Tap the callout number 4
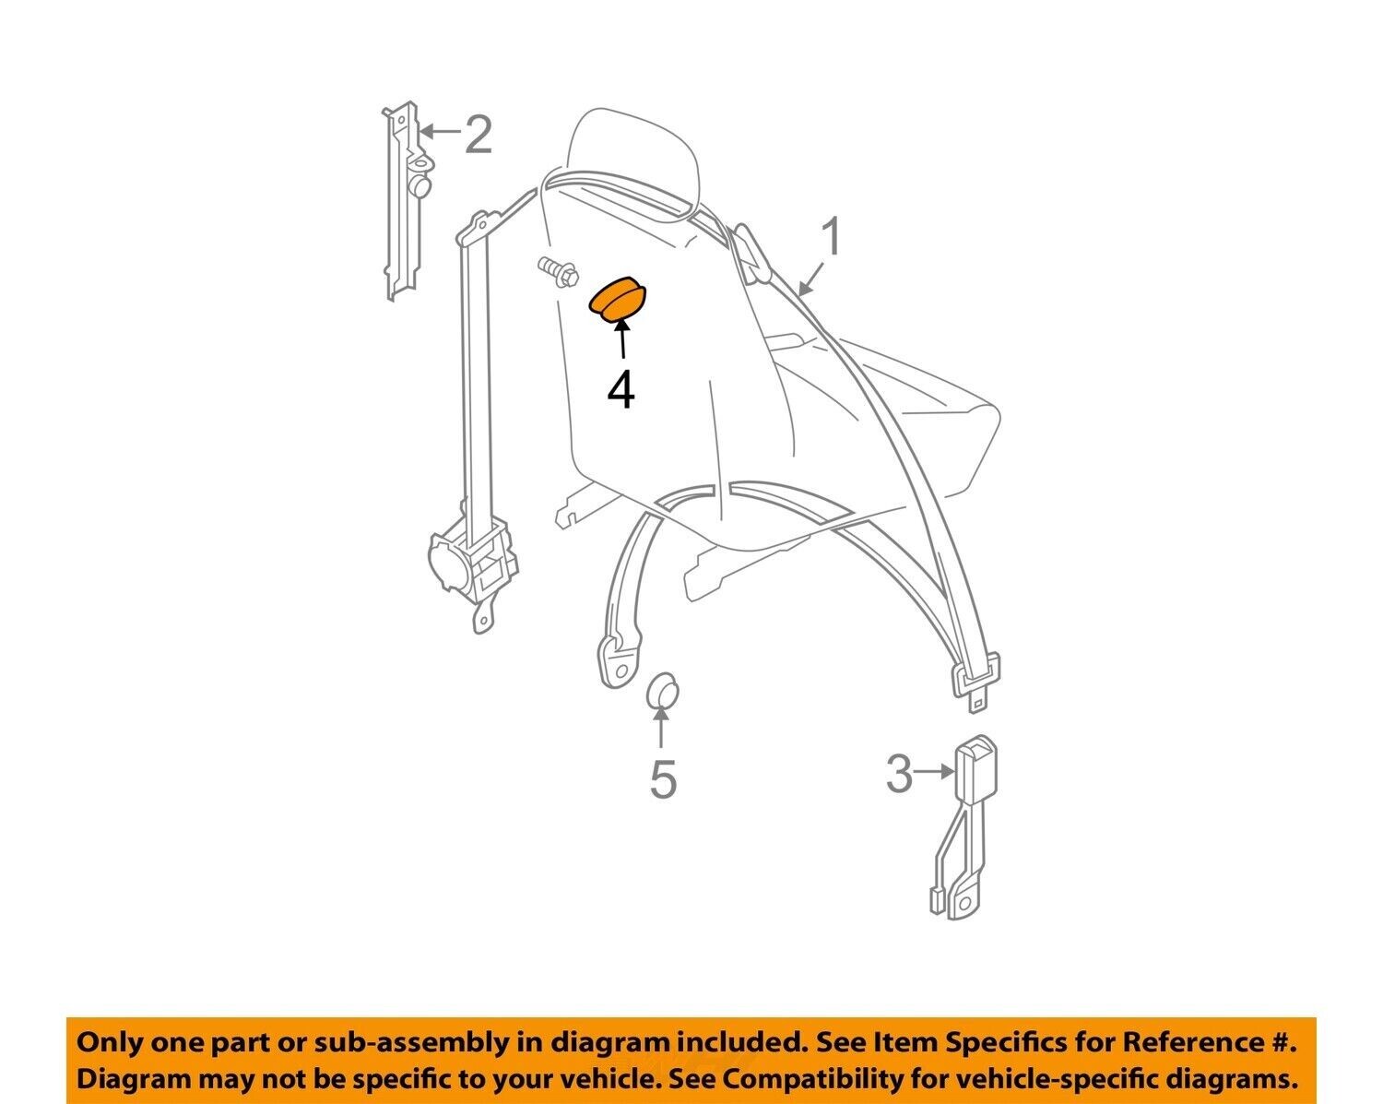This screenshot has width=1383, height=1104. (621, 391)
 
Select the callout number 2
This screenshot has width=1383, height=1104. (479, 135)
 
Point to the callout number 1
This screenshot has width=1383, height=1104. (832, 236)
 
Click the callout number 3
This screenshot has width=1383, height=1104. (899, 774)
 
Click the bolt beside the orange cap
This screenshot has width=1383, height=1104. (558, 273)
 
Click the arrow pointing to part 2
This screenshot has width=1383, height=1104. (443, 131)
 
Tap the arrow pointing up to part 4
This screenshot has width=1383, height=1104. (621, 340)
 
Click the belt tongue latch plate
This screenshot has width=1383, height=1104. (975, 683)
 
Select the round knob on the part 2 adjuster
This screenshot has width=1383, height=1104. (420, 186)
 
